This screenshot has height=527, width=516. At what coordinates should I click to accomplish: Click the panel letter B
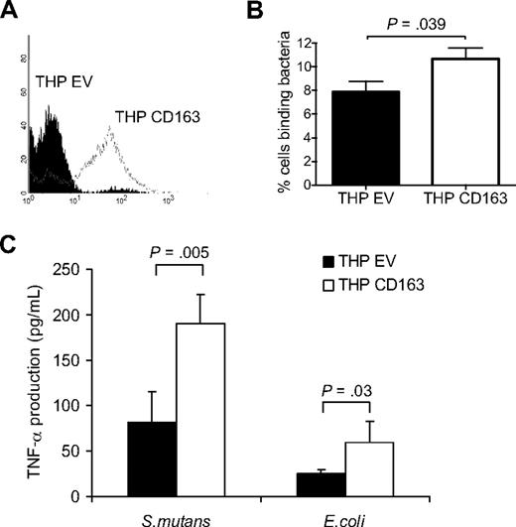270,12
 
